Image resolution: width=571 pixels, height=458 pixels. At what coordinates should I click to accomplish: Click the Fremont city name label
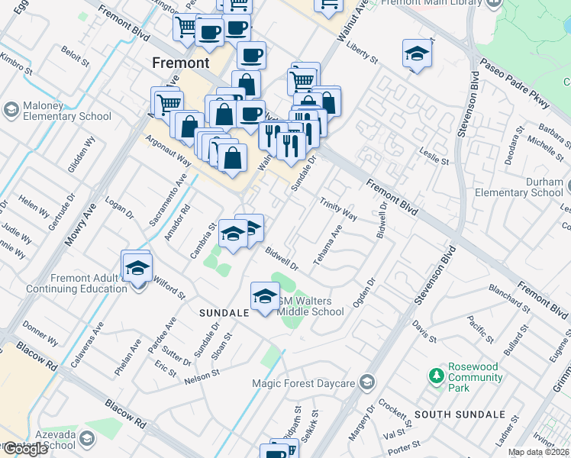(180, 63)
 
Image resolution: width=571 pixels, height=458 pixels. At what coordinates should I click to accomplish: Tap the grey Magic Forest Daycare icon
(368, 382)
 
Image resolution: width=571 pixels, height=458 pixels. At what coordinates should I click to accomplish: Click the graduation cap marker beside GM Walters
(265, 295)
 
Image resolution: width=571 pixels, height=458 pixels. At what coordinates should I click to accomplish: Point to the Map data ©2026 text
(538, 452)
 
